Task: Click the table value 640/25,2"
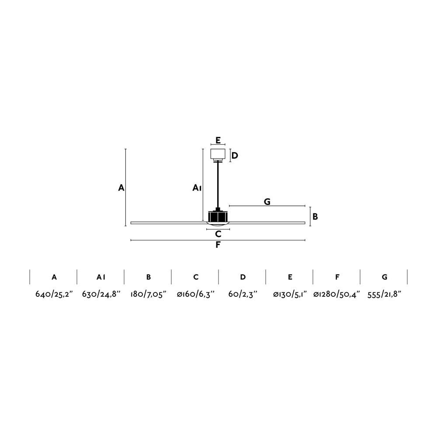click(54, 294)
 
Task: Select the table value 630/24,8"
click(101, 294)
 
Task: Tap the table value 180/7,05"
click(148, 294)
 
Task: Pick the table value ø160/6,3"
click(196, 294)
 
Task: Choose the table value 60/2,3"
click(243, 294)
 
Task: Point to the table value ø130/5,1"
click(290, 294)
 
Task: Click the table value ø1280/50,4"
click(336, 294)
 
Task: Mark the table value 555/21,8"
click(384, 294)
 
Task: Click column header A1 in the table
click(101, 277)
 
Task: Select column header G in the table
click(385, 277)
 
